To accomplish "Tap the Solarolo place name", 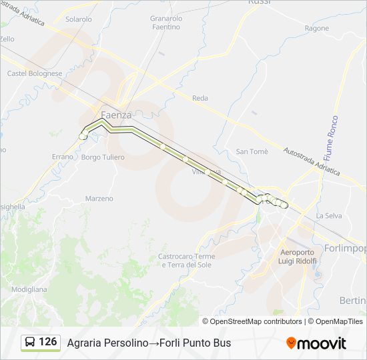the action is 79,19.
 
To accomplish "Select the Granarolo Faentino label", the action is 165,23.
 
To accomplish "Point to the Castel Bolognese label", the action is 35,73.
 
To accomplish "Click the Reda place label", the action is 200,98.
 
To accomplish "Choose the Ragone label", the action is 317,29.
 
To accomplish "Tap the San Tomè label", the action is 252,152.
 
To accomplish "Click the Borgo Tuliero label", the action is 103,157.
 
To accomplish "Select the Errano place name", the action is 62,157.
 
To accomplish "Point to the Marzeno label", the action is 99,199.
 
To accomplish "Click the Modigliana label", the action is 29,290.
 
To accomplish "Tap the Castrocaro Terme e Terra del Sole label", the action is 187,261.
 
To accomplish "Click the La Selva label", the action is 329,216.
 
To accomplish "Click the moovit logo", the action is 316,343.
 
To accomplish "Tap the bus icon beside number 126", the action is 30,343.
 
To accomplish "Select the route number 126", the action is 48,342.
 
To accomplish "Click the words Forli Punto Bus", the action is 197,343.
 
